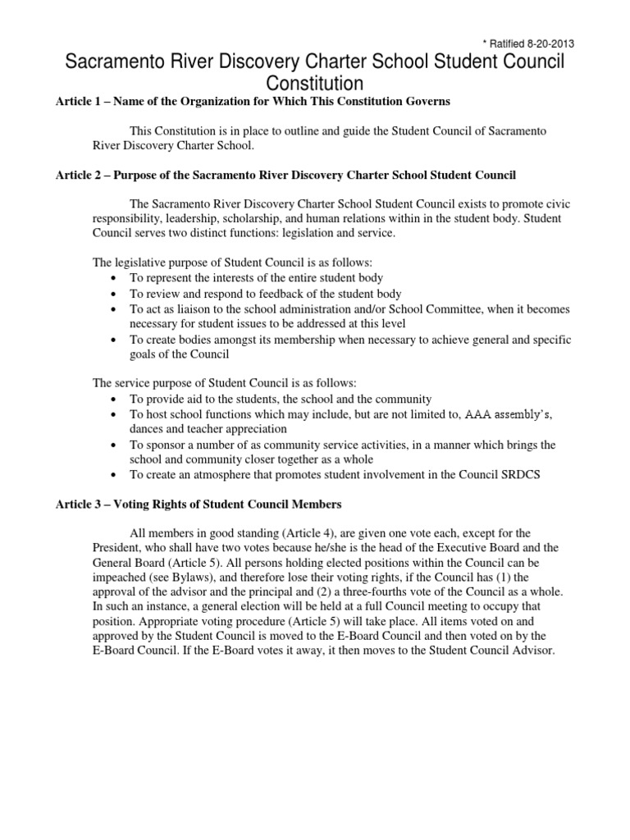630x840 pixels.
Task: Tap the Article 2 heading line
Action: pyautogui.click(x=285, y=176)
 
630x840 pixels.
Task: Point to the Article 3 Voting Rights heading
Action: pyautogui.click(x=198, y=503)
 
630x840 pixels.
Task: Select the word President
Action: pyautogui.click(x=114, y=547)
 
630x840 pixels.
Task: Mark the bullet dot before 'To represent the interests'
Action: pyautogui.click(x=113, y=279)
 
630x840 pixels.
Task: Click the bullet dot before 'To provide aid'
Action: pyautogui.click(x=113, y=399)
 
